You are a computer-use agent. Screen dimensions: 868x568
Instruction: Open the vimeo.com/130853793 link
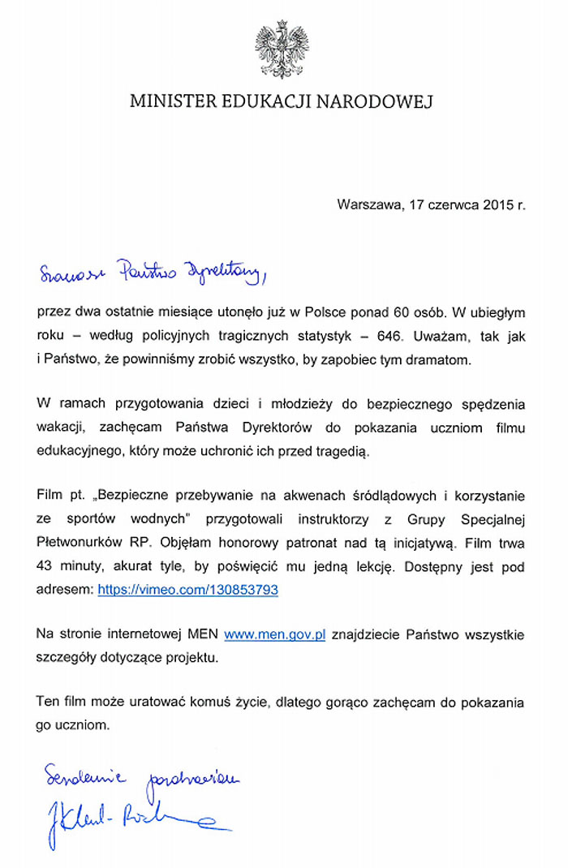click(187, 590)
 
